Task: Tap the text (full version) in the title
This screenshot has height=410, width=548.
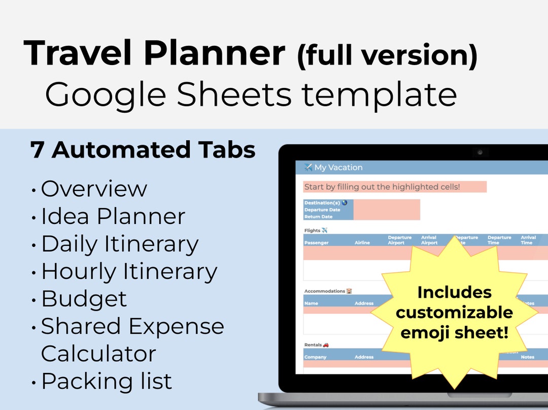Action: tap(387, 56)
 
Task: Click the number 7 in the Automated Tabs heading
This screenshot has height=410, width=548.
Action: tap(37, 150)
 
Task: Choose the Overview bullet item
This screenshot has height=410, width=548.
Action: tap(94, 189)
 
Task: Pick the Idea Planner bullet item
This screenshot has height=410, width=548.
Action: tap(113, 216)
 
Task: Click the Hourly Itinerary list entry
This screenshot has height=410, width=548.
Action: tap(129, 271)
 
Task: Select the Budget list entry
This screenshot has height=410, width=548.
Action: tap(84, 299)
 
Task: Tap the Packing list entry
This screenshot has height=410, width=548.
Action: tap(107, 381)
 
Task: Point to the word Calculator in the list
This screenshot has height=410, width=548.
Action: tap(98, 354)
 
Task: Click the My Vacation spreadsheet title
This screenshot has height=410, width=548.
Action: tap(338, 168)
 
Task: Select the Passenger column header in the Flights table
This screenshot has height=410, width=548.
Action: tap(316, 243)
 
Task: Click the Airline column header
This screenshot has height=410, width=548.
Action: tap(362, 243)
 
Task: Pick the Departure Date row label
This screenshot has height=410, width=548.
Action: tap(322, 210)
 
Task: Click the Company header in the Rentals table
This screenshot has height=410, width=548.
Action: tap(315, 357)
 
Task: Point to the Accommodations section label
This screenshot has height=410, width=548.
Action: tap(325, 291)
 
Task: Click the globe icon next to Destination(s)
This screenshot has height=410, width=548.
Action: tap(345, 203)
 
